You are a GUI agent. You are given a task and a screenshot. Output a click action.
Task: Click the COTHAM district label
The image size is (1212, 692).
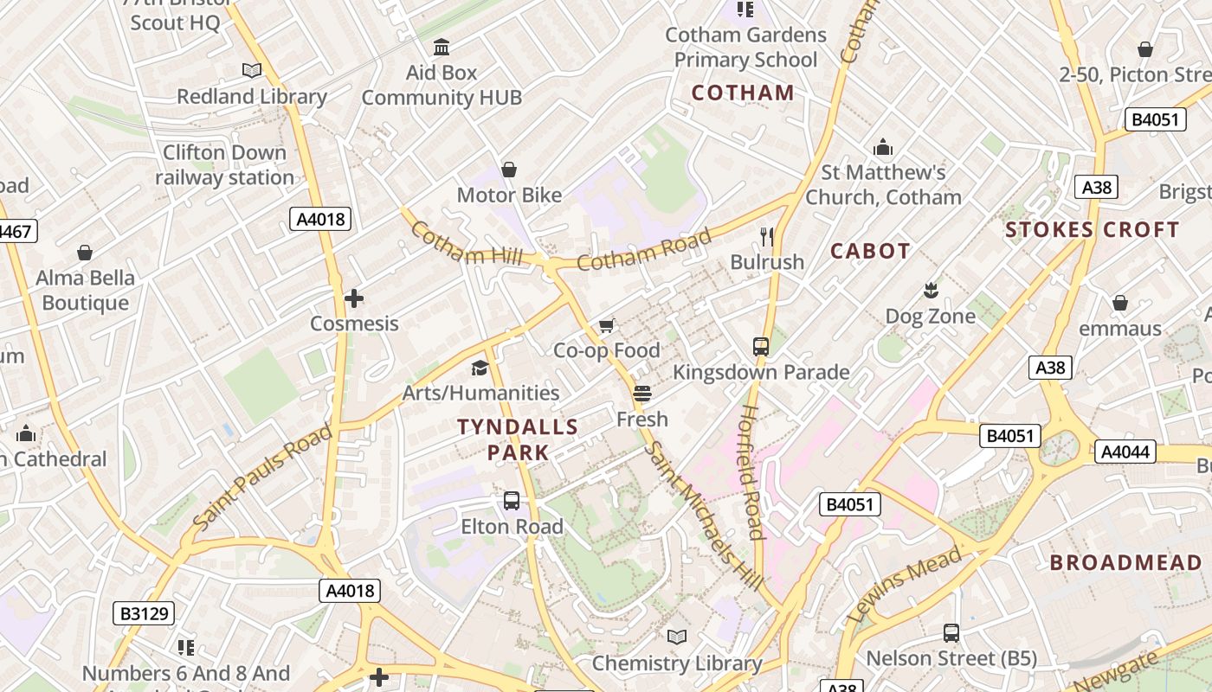743,93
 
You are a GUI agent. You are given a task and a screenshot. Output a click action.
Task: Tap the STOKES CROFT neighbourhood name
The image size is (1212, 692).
1093,230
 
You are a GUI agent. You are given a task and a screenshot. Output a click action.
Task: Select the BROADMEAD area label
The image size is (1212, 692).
1126,563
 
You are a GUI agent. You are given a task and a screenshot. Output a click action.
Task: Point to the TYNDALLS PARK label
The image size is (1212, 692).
518,439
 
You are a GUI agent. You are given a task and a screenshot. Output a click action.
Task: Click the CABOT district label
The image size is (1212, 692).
870,251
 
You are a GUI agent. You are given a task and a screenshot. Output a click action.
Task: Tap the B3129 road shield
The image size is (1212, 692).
144,614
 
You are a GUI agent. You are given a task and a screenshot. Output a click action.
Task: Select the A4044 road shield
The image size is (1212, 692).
1125,451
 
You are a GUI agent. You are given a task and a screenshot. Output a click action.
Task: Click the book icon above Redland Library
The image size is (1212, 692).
252,70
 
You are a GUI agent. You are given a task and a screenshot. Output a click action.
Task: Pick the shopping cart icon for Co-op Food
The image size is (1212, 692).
607,325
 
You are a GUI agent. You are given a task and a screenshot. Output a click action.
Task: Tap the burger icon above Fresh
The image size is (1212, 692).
641,394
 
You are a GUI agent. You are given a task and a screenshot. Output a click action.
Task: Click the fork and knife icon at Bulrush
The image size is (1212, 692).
766,236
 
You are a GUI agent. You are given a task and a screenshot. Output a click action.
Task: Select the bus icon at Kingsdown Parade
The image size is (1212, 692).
761,347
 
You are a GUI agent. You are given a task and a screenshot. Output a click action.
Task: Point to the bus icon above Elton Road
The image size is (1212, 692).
512,501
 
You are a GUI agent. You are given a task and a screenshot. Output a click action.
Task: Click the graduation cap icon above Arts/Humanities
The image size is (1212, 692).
480,368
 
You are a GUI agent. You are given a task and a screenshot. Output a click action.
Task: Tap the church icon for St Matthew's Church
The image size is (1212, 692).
883,147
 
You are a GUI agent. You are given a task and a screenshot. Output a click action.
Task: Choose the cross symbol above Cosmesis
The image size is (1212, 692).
353,298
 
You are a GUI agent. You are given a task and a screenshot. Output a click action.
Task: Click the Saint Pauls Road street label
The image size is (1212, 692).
262,478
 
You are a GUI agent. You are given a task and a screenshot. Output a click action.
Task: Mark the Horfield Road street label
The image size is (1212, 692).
751,472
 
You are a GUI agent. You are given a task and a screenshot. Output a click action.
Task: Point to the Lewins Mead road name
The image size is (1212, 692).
905,586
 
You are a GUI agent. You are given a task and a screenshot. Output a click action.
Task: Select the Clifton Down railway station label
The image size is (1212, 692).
224,165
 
